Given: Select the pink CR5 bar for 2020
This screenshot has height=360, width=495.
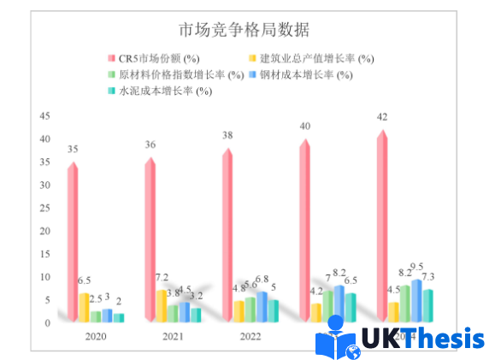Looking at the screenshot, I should [74, 239].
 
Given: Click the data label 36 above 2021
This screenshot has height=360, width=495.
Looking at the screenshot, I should [150, 145].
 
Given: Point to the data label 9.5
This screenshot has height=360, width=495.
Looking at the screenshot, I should [416, 267].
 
